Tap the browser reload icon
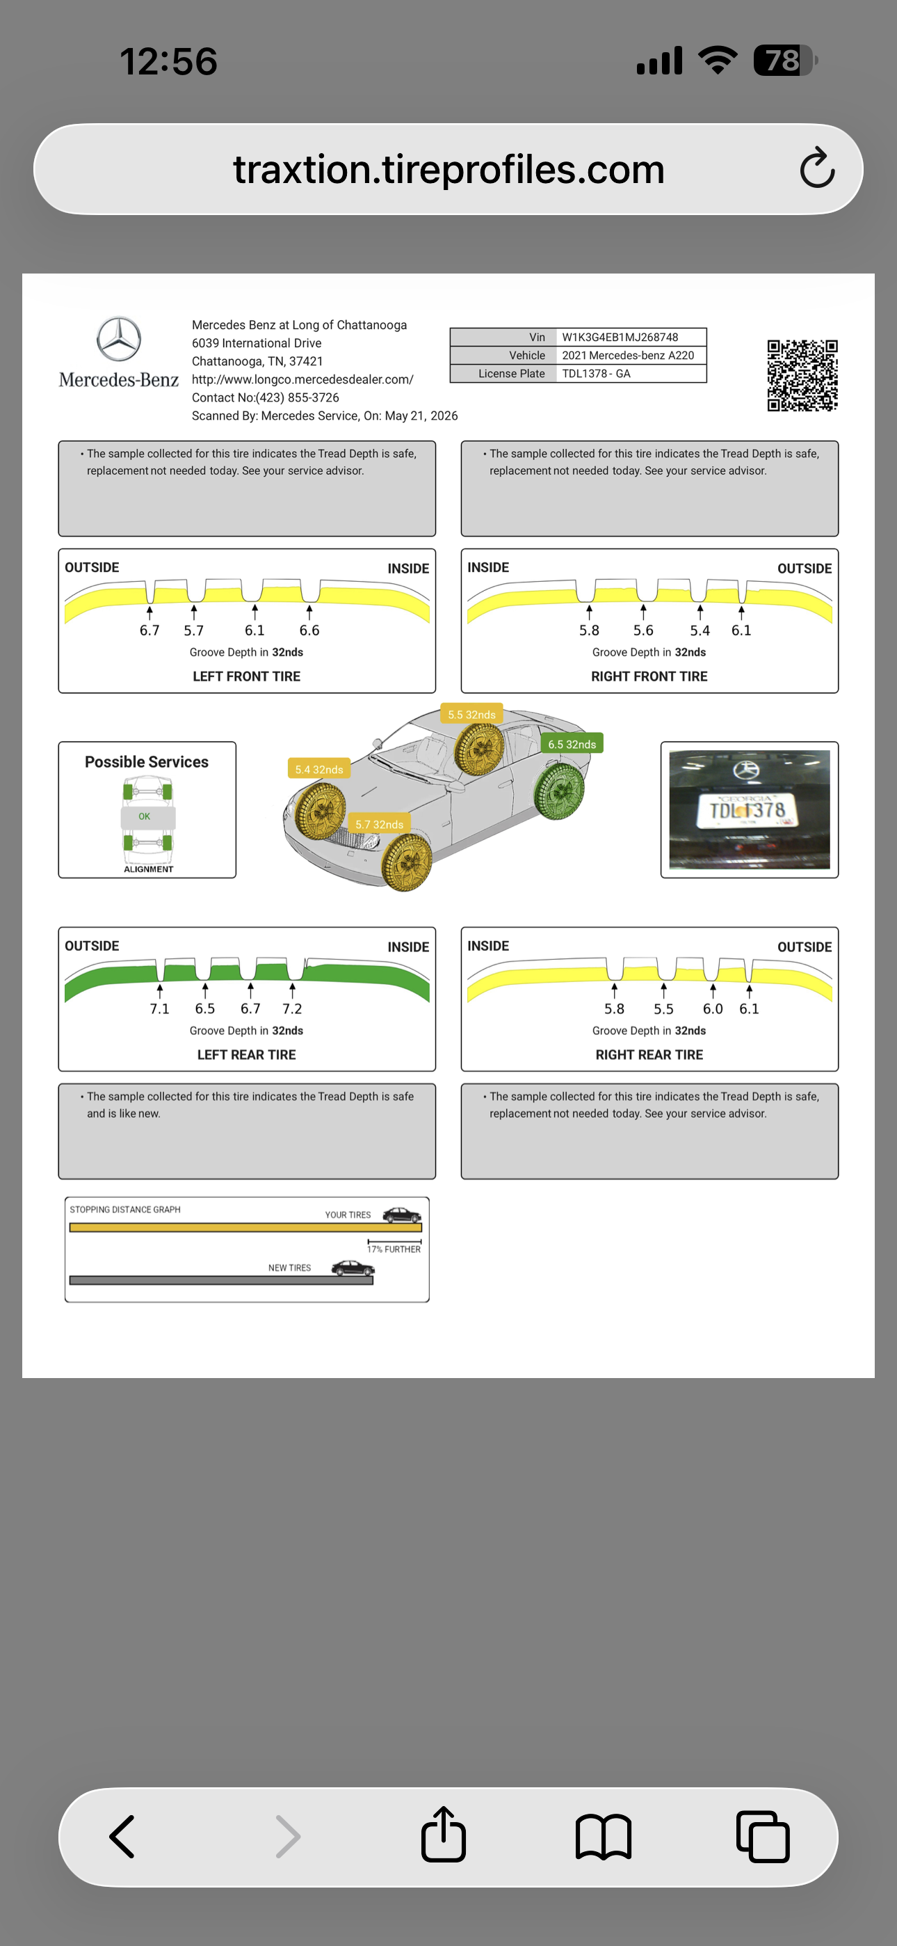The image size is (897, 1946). click(x=817, y=168)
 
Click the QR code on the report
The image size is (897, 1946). click(x=802, y=375)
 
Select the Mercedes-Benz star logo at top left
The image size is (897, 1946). click(x=118, y=339)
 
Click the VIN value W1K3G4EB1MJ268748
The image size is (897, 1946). click(x=620, y=337)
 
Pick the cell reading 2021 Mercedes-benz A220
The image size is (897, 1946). click(x=627, y=355)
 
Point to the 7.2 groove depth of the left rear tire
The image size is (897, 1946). click(x=292, y=1008)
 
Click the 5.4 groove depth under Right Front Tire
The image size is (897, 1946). click(x=700, y=630)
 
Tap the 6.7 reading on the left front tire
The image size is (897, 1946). click(x=149, y=630)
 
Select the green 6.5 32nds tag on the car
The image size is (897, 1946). click(x=572, y=744)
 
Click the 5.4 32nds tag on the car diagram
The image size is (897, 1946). click(x=318, y=769)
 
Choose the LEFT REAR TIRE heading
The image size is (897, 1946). click(x=247, y=1054)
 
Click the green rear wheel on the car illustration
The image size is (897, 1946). click(x=560, y=790)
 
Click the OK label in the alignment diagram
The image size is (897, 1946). click(x=144, y=816)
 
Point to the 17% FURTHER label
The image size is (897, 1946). click(x=394, y=1249)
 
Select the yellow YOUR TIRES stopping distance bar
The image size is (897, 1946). click(x=245, y=1228)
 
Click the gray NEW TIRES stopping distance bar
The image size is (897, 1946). click(x=221, y=1281)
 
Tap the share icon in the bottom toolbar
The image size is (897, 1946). click(x=443, y=1834)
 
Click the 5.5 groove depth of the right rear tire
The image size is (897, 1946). click(x=663, y=1008)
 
